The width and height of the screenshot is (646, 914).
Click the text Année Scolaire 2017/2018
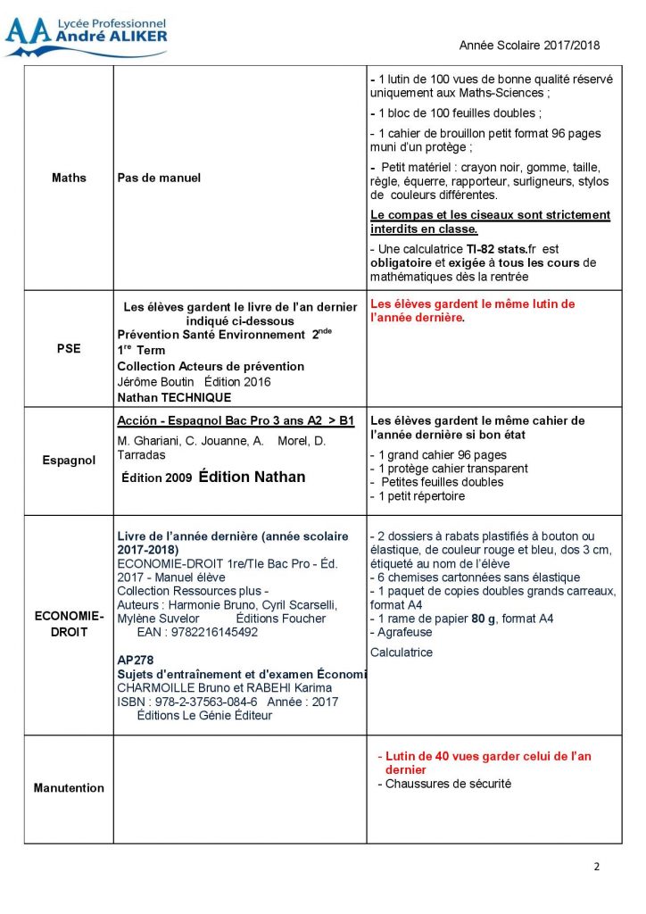[529, 45]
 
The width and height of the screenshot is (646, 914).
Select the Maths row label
[69, 178]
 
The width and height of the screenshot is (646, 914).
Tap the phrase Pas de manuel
[159, 178]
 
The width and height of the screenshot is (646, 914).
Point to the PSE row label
[69, 349]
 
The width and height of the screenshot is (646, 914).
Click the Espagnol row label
[69, 461]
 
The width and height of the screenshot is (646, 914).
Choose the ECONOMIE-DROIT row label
[69, 624]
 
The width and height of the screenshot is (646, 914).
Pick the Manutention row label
[69, 788]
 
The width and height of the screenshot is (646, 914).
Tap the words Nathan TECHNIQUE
[174, 397]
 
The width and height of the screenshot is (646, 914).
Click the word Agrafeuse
[402, 631]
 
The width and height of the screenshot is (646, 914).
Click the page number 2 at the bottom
[597, 867]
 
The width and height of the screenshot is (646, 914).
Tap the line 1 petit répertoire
[418, 496]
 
